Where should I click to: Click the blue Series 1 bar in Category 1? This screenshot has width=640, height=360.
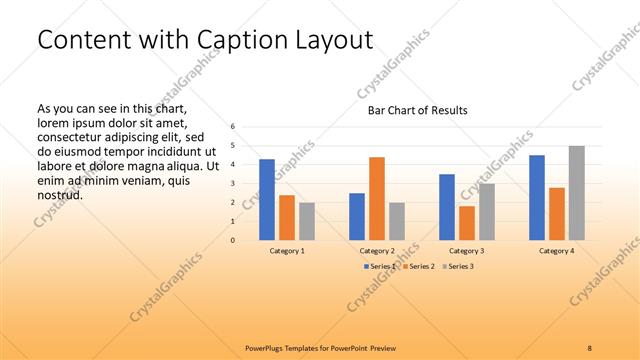tap(267, 200)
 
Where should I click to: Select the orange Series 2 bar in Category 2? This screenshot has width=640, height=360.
tap(377, 199)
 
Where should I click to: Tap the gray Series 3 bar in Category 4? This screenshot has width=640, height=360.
tap(577, 193)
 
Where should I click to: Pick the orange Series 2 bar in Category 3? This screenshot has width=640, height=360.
tap(467, 223)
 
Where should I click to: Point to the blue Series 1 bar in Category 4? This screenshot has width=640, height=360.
tap(537, 198)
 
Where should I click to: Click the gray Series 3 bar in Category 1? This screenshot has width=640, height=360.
tap(307, 221)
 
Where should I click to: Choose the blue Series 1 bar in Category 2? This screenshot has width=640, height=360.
tap(357, 217)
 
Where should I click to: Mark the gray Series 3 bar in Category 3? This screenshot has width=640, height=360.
tap(487, 212)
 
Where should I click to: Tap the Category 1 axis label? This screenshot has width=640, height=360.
tap(287, 250)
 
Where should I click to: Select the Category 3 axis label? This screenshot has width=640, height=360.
tap(467, 250)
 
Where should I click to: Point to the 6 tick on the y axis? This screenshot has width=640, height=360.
tap(232, 127)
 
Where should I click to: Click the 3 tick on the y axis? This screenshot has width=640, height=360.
tap(232, 184)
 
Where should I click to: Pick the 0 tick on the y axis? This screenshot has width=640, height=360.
tap(232, 240)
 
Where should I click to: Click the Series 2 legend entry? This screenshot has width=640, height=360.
tap(417, 266)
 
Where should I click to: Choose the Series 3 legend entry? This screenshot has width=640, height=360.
tap(458, 266)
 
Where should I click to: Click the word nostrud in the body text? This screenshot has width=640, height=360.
tap(59, 194)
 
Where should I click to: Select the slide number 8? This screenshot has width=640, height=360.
tap(590, 347)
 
